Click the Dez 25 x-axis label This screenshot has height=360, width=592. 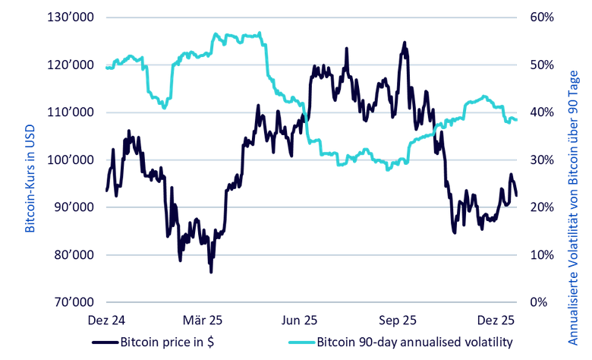click(496, 320)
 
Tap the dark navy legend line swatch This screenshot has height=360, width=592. click(104, 343)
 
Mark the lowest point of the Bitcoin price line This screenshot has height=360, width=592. click(211, 271)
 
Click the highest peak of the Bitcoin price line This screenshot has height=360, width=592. click(405, 43)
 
